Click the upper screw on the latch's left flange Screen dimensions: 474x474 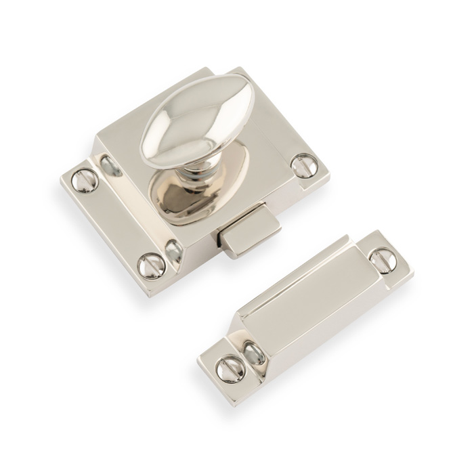click(x=85, y=179)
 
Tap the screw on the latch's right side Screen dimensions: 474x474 click(x=303, y=165)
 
